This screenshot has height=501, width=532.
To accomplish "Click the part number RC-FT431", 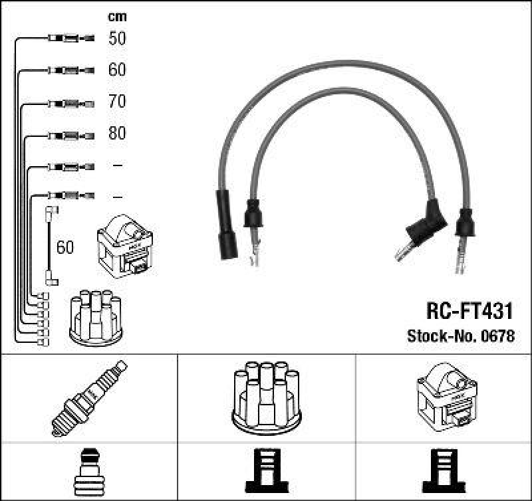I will pos(469,311).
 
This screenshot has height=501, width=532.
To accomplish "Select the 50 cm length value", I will pos(117,39).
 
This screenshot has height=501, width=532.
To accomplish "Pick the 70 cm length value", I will pos(117,102).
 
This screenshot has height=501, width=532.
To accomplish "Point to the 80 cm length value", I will pos(117,134).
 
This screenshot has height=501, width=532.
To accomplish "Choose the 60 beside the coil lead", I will pos(65,248).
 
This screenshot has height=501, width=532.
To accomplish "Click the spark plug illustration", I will pos(89,398).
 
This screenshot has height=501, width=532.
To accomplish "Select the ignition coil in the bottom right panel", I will pos(444,397).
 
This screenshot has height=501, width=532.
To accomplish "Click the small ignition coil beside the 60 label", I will pos(125,247).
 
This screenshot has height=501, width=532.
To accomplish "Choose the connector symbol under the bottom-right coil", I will pos(444,471).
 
